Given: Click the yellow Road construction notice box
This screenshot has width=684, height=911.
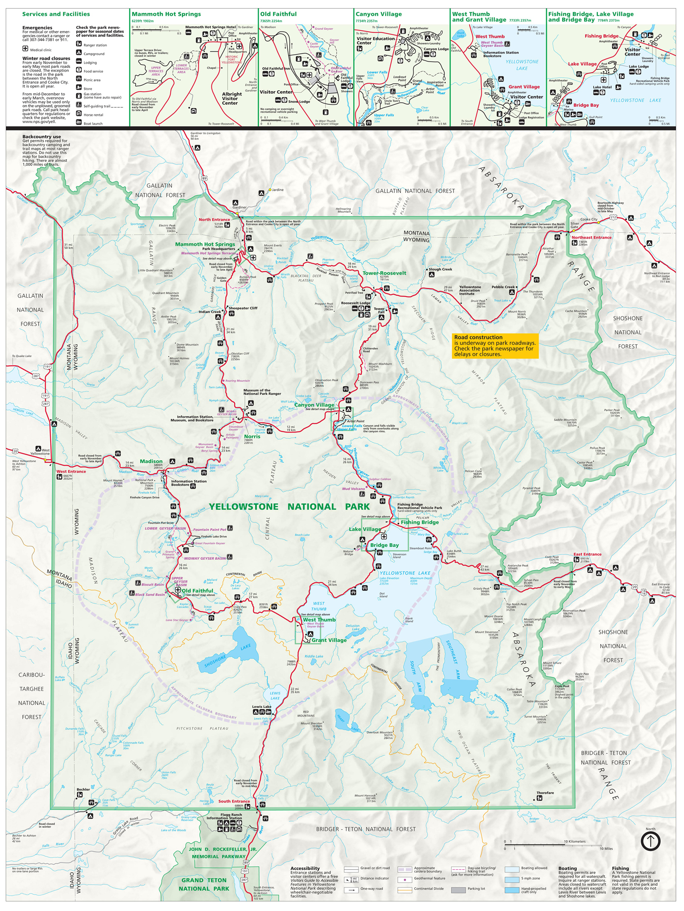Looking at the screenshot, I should [495, 346].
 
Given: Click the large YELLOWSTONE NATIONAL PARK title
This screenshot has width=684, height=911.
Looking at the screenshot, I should [289, 507].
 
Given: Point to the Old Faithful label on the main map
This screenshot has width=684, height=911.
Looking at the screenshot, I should [197, 591].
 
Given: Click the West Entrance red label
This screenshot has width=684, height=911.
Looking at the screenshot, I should [71, 471].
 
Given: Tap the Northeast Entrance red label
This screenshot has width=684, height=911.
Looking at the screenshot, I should [591, 237].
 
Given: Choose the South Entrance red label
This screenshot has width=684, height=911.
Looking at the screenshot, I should [234, 801].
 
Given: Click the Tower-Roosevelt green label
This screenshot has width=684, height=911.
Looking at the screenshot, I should [384, 273].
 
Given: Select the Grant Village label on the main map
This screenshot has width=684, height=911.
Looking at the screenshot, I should [329, 640].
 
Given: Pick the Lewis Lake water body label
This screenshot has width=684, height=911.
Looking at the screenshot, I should [275, 696].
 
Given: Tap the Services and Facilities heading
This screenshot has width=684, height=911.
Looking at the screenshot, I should [56, 14].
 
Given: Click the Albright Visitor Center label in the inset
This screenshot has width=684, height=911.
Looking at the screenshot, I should [231, 99].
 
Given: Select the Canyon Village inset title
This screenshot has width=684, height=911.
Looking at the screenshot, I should [378, 14].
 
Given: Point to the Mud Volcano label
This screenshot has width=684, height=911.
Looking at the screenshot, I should [353, 488].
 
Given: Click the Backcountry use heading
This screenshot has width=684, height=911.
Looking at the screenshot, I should [41, 136].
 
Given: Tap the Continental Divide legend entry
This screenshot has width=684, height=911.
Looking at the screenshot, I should [429, 889].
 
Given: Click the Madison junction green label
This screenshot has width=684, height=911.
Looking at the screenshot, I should [151, 461].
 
